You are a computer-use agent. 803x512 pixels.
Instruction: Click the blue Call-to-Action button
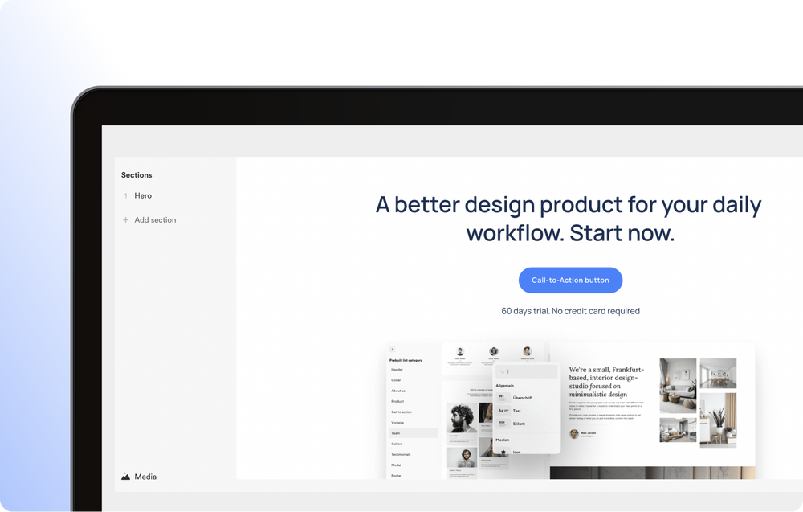point(570,281)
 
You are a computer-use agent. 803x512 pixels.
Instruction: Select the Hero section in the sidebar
point(143,196)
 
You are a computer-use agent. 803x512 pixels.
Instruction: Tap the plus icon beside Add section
point(125,220)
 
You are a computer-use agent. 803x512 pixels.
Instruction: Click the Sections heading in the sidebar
point(137,175)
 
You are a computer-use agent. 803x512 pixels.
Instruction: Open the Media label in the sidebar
point(145,477)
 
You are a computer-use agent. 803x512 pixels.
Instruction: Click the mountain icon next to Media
point(126,477)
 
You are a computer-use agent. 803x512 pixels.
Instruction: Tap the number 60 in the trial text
point(507,311)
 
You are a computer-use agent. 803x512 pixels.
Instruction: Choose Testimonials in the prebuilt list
point(401,455)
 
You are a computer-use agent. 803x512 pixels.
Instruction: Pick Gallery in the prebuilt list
point(397,444)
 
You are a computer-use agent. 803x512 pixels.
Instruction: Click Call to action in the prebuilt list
point(401,412)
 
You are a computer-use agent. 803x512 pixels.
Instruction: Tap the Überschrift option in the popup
point(523,398)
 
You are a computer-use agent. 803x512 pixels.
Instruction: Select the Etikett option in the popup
point(519,424)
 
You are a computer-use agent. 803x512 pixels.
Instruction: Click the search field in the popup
point(530,371)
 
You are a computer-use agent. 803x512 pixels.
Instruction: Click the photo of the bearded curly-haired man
point(460,418)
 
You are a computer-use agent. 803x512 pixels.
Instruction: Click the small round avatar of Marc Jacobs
point(574,434)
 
